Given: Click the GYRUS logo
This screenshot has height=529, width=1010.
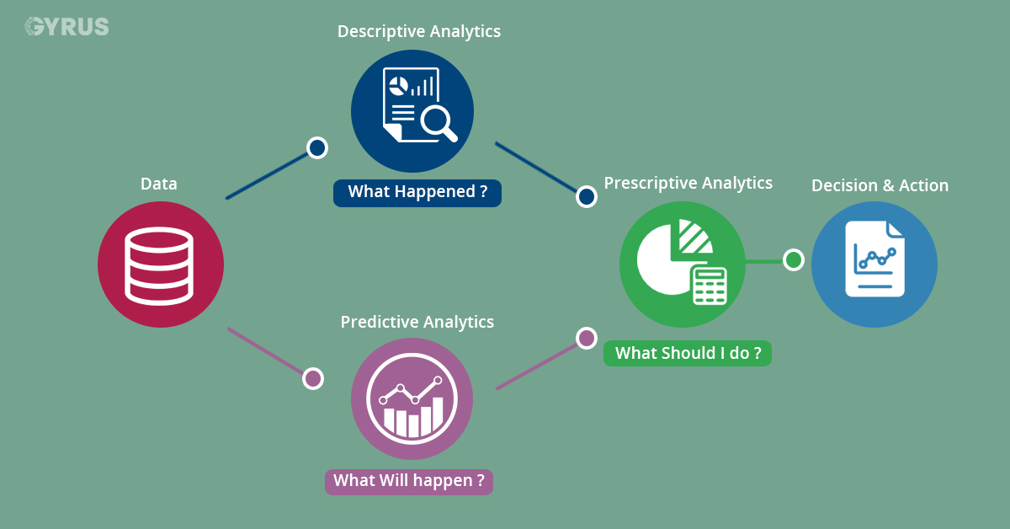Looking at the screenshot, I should [66, 27].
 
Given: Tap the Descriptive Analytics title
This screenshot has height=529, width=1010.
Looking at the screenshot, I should [418, 31].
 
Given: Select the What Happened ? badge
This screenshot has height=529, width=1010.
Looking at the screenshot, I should [417, 192].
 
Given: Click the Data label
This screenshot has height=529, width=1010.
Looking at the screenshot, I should [159, 184].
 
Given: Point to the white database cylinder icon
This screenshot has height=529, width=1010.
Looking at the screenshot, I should [160, 264].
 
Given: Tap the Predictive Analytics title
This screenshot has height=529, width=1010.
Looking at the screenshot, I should [417, 322].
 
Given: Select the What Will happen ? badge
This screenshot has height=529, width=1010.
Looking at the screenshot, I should [409, 481].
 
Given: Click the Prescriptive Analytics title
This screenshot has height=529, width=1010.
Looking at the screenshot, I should [688, 183].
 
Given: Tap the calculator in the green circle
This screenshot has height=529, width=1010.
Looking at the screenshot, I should [709, 285].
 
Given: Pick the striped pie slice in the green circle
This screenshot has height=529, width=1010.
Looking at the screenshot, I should [694, 237].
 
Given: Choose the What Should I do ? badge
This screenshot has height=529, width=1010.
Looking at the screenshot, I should [688, 353].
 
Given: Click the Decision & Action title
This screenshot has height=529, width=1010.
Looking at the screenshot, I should [880, 185].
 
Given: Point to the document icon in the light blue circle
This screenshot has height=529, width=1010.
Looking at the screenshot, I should [874, 259].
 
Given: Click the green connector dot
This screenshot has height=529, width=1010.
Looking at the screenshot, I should [793, 259].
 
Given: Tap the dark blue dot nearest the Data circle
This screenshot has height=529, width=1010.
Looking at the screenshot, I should [316, 148].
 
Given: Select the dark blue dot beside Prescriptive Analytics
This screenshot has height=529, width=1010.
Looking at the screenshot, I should [586, 197].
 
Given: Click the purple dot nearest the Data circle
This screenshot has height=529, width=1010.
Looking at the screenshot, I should [312, 378].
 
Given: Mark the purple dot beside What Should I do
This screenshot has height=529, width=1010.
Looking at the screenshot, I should [586, 338].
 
